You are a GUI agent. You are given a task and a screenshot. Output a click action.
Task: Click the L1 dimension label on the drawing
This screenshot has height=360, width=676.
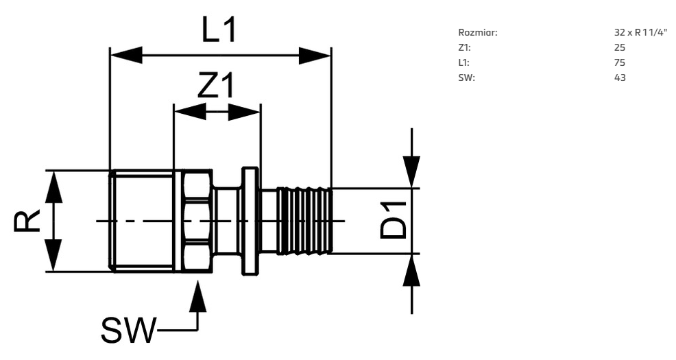point(219,29)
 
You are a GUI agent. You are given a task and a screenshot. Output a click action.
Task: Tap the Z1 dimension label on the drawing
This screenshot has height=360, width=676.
point(216,85)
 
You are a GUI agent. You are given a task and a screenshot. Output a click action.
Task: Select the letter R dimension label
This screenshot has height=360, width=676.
point(27,221)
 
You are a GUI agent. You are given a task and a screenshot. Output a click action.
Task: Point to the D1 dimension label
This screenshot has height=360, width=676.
point(393,220)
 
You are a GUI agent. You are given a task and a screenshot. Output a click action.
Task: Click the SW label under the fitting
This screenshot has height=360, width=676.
point(128,331)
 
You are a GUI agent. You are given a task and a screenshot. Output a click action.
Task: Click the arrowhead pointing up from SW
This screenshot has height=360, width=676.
point(198,297)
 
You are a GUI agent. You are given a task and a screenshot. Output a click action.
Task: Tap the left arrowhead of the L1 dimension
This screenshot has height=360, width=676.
point(126,55)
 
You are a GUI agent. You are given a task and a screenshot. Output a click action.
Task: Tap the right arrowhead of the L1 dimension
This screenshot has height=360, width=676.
point(315,55)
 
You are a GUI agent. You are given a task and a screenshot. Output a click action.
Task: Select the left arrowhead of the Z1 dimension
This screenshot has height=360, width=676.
point(190,112)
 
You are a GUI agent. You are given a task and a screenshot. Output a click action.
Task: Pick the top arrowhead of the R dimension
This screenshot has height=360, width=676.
point(54,187)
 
